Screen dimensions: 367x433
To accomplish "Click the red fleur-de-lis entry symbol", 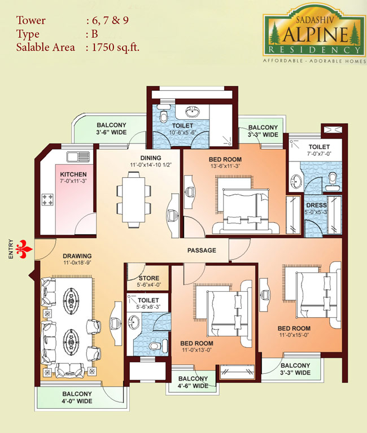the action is click(x=24, y=249).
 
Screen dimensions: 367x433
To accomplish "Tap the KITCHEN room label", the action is click(x=73, y=174).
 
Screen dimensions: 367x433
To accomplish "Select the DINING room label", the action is click(x=151, y=158).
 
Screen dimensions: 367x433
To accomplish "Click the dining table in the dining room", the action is click(x=134, y=199).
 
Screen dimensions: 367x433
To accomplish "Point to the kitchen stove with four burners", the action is click(x=47, y=199).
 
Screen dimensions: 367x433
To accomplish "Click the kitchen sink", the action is click(x=78, y=156).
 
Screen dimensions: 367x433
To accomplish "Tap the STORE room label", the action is click(x=149, y=278).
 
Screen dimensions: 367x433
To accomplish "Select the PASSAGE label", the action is click(x=202, y=251).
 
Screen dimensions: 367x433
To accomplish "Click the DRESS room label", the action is click(x=316, y=205).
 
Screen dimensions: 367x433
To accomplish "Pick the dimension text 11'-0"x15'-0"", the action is click(x=294, y=335).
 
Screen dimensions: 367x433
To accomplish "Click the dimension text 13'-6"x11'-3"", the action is click(x=225, y=166).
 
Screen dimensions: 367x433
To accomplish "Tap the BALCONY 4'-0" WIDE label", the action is click(x=77, y=397).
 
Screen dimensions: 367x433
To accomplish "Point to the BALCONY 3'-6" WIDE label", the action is click(x=111, y=129).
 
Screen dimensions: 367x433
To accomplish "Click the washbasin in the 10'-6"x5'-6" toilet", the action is click(x=192, y=112).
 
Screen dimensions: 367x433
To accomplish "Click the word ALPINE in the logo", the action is click(x=316, y=34).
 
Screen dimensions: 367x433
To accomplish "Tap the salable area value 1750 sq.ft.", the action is click(x=115, y=47).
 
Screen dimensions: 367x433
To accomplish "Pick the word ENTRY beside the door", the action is click(x=11, y=249).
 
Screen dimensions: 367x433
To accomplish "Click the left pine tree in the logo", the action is click(x=274, y=33).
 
